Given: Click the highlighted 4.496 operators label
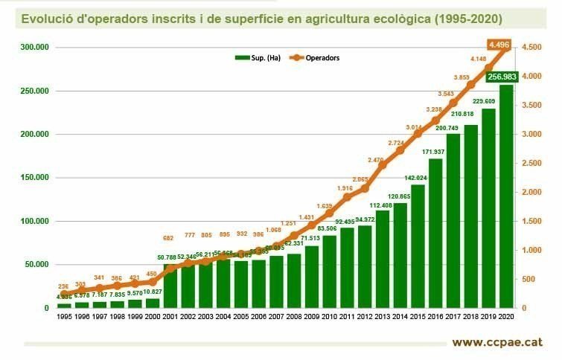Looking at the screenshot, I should pyautogui.click(x=499, y=45).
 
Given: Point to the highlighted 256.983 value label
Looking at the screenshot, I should pyautogui.click(x=502, y=77).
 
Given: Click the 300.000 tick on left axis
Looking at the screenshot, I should pyautogui.click(x=34, y=48).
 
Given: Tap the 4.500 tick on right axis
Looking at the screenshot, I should pyautogui.click(x=531, y=48).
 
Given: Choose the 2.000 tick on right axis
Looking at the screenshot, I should pyautogui.click(x=531, y=193).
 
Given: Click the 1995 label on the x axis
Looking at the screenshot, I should pyautogui.click(x=64, y=318).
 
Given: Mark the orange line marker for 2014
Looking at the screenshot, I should pyautogui.click(x=400, y=150).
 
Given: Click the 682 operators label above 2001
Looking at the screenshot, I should pyautogui.click(x=170, y=238).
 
